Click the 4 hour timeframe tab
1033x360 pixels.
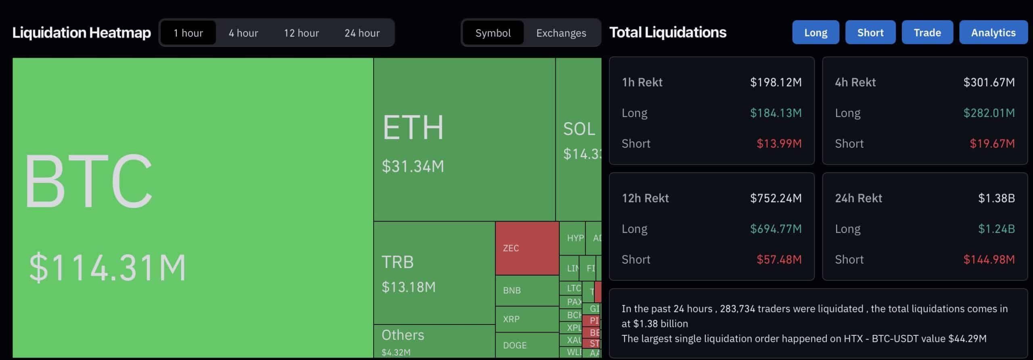coord(243,33)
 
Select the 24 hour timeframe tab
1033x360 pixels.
coord(362,33)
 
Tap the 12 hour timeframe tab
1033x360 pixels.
coord(301,33)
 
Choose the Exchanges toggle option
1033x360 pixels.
coord(561,33)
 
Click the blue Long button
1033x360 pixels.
coord(816,32)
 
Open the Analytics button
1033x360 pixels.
coord(993,32)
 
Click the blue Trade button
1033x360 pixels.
coord(927,32)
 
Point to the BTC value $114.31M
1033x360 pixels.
coord(108,267)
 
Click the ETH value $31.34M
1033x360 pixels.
coord(413,166)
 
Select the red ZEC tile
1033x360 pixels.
coord(527,248)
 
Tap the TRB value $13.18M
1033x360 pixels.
coord(408,287)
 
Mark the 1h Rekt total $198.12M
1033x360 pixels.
coord(776,82)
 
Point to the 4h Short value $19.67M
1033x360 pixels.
coord(992,144)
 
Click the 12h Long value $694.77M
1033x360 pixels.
coord(776,229)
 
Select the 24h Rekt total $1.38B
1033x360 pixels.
coord(996,198)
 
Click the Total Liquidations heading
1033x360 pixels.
coord(668,32)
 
